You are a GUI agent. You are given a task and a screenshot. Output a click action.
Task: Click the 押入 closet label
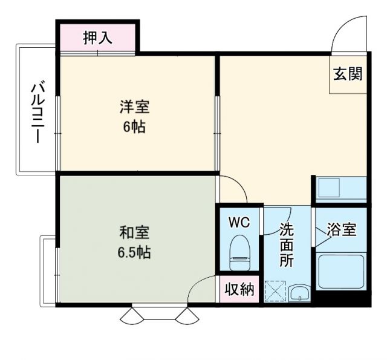(x=97, y=39)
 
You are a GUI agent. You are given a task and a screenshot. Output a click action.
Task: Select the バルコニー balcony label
(x=36, y=114)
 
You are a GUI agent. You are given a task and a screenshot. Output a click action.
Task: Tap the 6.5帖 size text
(x=134, y=252)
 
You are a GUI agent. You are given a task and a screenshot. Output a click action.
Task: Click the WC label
(x=239, y=222)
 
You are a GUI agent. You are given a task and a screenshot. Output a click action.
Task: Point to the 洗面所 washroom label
(x=286, y=245)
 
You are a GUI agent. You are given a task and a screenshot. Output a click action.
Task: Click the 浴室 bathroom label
(x=341, y=230)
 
